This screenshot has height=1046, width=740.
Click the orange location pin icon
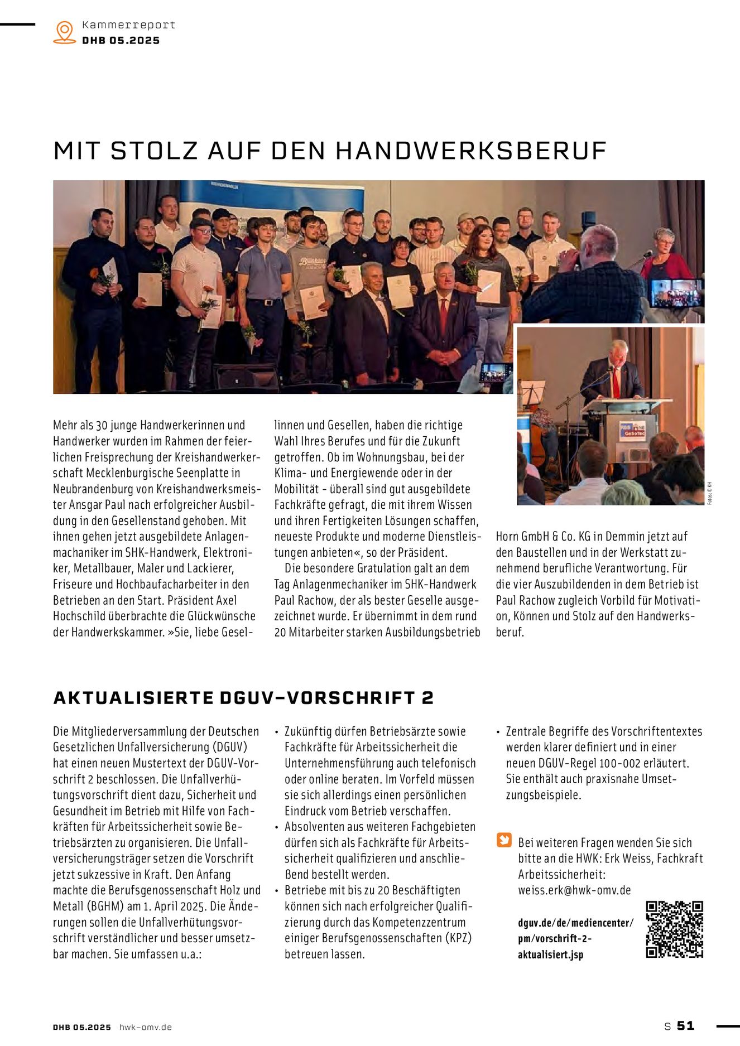click(65, 32)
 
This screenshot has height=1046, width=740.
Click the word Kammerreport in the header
click(128, 25)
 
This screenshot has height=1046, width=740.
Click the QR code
click(674, 929)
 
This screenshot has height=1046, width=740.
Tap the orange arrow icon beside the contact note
click(504, 840)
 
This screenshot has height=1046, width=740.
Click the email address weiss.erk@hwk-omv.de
click(574, 890)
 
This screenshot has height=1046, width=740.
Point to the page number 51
click(686, 1026)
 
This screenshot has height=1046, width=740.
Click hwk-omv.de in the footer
click(146, 1026)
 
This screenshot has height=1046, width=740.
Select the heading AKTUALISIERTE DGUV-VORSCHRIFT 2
click(243, 698)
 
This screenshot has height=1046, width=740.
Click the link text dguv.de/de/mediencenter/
click(575, 923)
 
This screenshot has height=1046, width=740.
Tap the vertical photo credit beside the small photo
click(710, 493)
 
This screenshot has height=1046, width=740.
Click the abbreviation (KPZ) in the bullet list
click(458, 938)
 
